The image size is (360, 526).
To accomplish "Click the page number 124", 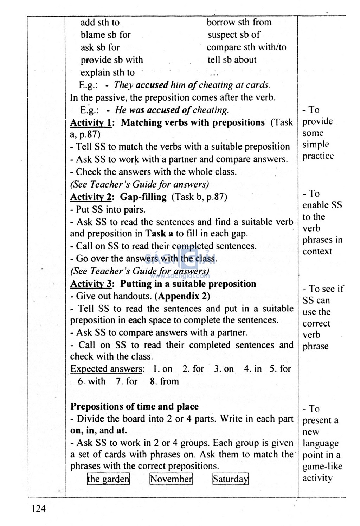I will pyautogui.click(x=38, y=508).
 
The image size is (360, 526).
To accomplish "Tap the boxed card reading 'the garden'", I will pyautogui.click(x=108, y=479).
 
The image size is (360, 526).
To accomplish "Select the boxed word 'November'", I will pyautogui.click(x=171, y=479).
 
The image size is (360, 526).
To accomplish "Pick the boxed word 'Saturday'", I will pyautogui.click(x=231, y=479).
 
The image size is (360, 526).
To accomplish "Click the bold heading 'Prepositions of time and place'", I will pyautogui.click(x=134, y=406).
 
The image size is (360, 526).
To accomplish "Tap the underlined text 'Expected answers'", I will pyautogui.click(x=107, y=369).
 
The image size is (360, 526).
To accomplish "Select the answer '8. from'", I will pyautogui.click(x=164, y=381).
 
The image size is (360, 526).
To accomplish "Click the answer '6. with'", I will pyautogui.click(x=91, y=381).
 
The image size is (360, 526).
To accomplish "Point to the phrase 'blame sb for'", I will pyautogui.click(x=105, y=35).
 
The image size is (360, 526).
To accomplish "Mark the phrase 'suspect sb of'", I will pyautogui.click(x=234, y=35).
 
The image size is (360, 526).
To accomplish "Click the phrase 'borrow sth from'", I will pyautogui.click(x=239, y=23).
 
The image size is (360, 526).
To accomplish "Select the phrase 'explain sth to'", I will pyautogui.click(x=108, y=72).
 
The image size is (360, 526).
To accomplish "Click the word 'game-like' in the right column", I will pyautogui.click(x=322, y=466).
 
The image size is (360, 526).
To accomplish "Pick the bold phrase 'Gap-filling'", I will pyautogui.click(x=143, y=197).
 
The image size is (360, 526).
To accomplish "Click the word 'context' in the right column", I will pyautogui.click(x=317, y=251).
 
